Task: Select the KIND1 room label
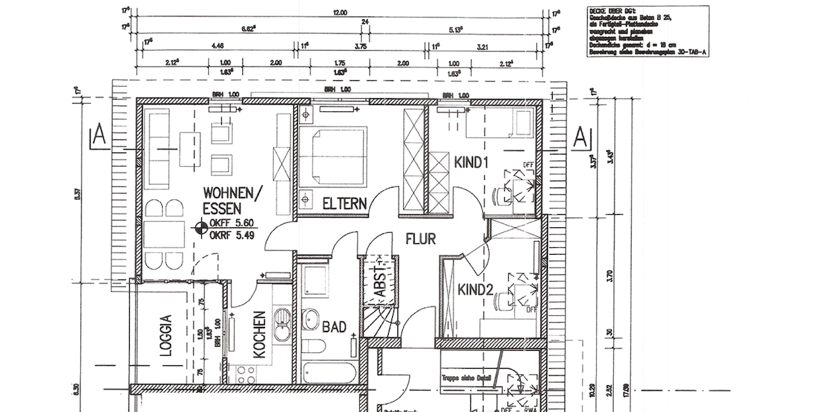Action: pos(470,163)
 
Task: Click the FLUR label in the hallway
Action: pos(422,240)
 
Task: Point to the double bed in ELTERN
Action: pos(333,155)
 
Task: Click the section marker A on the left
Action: pos(99,137)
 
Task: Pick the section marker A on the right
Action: pos(580,137)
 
